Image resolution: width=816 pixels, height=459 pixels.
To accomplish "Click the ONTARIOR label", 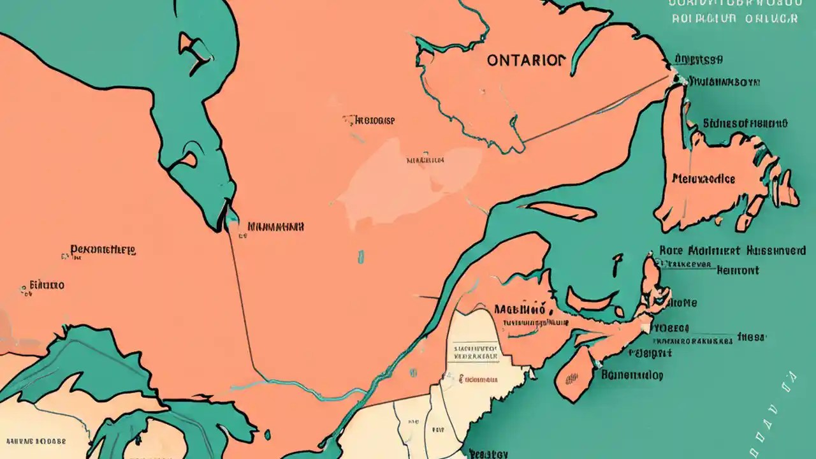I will pyautogui.click(x=525, y=61).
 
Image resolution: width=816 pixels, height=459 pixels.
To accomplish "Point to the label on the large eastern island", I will pyautogui.click(x=703, y=178).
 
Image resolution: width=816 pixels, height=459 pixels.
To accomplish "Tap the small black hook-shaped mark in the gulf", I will pyautogui.click(x=617, y=265).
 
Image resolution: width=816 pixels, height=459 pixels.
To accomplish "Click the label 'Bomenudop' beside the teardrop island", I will pyautogui.click(x=632, y=375).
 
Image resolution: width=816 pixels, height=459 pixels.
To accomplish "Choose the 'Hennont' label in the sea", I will pyautogui.click(x=738, y=270).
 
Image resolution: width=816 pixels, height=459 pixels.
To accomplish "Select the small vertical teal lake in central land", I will pyautogui.click(x=361, y=256).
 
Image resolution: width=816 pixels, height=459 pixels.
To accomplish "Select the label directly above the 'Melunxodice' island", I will pyautogui.click(x=745, y=124).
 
